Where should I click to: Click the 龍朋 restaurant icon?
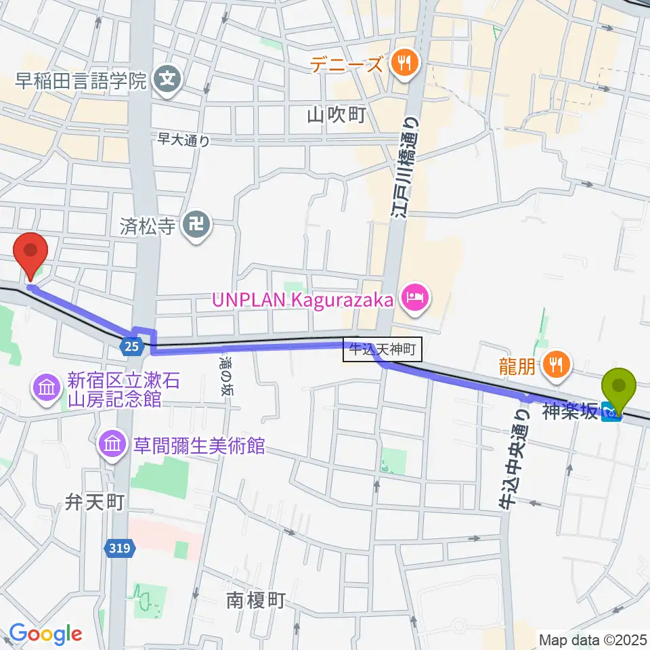pos(557,366)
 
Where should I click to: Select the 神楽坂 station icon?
pos(611,412)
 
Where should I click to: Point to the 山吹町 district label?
pos(336,116)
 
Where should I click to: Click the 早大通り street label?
pos(183,139)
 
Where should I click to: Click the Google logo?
pos(46,634)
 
